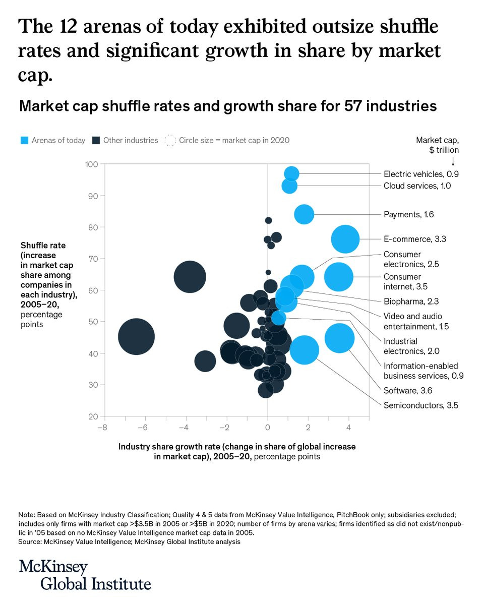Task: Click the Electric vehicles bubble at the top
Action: tap(291, 174)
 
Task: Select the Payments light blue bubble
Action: tap(304, 214)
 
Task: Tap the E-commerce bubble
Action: tap(345, 239)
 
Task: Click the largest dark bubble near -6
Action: tap(136, 337)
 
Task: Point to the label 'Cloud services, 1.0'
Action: tap(417, 186)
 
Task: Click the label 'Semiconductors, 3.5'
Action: tap(420, 405)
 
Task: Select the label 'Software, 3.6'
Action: tap(408, 390)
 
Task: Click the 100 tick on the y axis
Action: tap(91, 164)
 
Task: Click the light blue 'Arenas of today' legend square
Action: tap(24, 140)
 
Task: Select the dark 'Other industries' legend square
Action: tap(96, 140)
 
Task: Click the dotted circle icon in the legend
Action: tap(170, 140)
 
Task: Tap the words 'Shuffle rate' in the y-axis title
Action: tap(43, 246)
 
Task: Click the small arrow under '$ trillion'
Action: tap(453, 161)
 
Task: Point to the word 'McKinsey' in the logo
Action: tap(53, 567)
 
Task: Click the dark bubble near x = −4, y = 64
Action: tap(190, 277)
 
